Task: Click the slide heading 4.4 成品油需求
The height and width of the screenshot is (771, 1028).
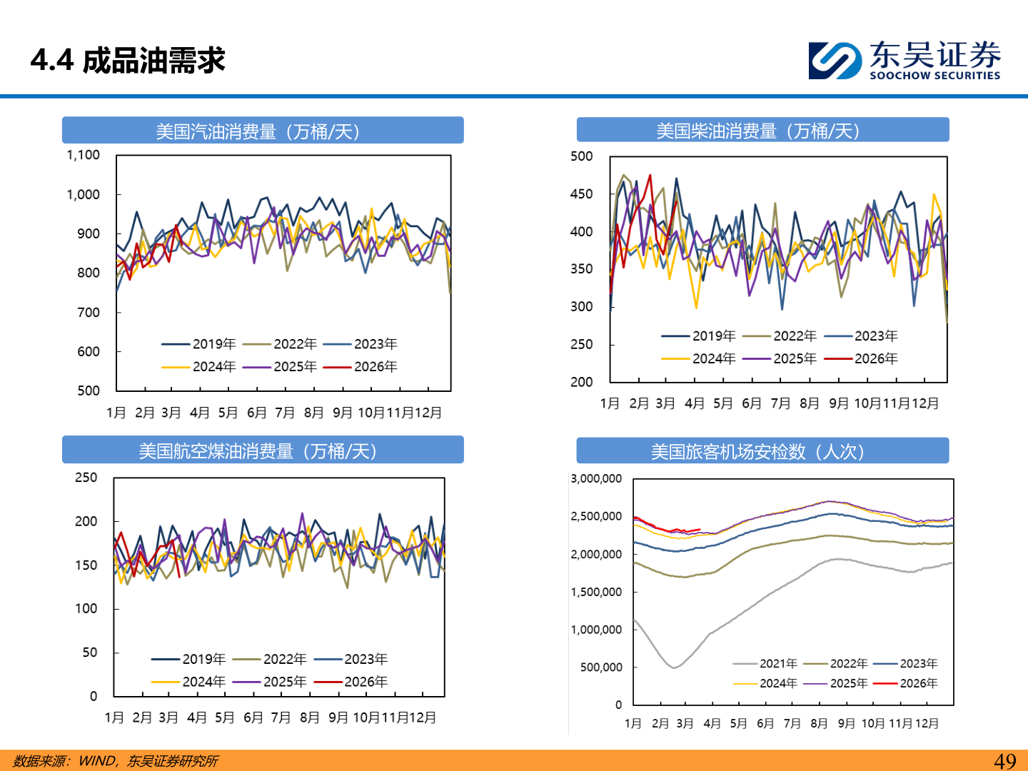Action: click(x=128, y=60)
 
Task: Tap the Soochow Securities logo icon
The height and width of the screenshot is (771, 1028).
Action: click(x=835, y=60)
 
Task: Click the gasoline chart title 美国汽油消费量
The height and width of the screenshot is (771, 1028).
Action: click(x=258, y=131)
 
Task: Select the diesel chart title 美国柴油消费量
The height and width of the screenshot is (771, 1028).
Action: click(x=757, y=131)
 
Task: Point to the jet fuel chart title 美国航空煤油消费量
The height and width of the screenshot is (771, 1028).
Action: click(x=258, y=451)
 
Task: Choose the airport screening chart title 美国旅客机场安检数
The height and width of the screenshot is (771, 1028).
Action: click(x=757, y=452)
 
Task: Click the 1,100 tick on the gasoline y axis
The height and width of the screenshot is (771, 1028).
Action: click(x=83, y=155)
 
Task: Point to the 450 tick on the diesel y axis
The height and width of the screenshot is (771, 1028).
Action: click(x=581, y=194)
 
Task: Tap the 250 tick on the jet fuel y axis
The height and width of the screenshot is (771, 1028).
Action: click(x=86, y=478)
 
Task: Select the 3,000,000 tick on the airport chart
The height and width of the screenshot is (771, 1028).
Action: click(x=596, y=478)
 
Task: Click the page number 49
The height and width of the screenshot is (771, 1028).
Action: click(x=1004, y=761)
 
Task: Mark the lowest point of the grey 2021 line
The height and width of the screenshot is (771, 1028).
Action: click(x=674, y=667)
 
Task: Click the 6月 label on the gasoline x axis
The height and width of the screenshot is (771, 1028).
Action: click(x=256, y=413)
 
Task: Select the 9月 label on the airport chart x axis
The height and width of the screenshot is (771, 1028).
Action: click(x=846, y=723)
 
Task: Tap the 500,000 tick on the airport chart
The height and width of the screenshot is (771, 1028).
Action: click(x=601, y=667)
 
